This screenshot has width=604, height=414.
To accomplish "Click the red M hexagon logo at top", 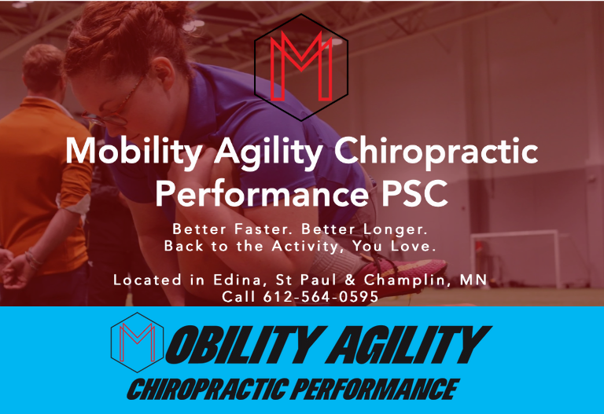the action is pos(301,68).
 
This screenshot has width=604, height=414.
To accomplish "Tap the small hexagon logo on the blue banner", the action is pos(137,343).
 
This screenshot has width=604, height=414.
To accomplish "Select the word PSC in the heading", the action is pos(415,193).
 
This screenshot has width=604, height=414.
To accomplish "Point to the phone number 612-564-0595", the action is pos(321,297).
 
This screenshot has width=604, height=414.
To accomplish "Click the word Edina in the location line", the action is pos(238,280).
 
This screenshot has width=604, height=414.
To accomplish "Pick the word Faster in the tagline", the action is pos(261,229).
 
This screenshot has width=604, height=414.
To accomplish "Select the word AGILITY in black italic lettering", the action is pos(408,345).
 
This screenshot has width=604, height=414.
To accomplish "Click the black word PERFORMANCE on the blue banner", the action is pos(375,390).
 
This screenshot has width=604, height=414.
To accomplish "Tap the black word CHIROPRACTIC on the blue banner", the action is pos(208,390).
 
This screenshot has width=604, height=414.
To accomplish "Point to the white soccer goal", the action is pos(515,257).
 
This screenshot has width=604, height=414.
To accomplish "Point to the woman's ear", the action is pos(163,74).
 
